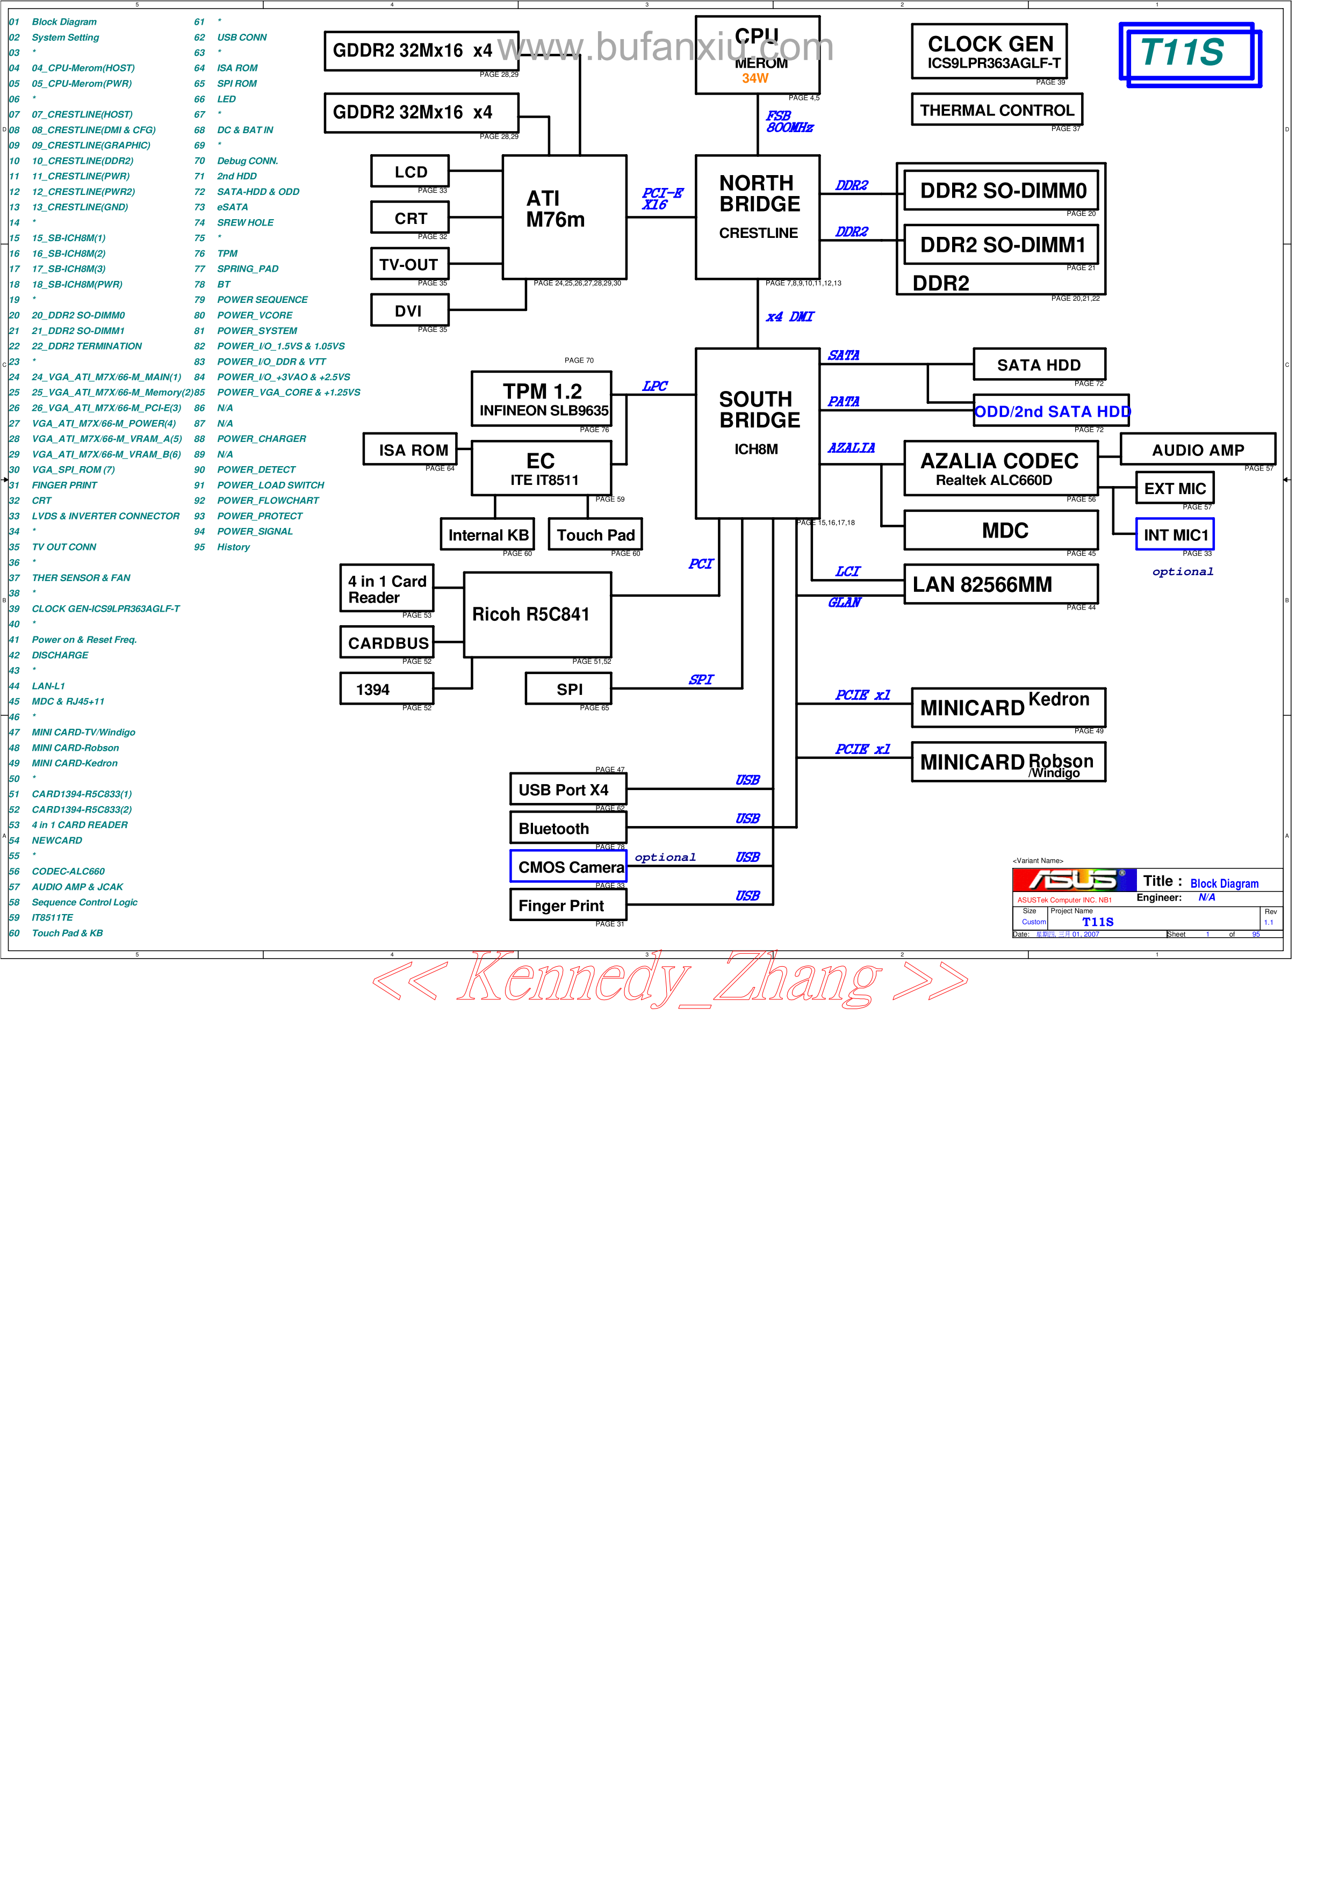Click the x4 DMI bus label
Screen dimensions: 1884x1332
(789, 317)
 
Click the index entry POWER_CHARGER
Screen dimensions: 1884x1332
(261, 439)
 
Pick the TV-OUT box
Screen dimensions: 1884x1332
(409, 264)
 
